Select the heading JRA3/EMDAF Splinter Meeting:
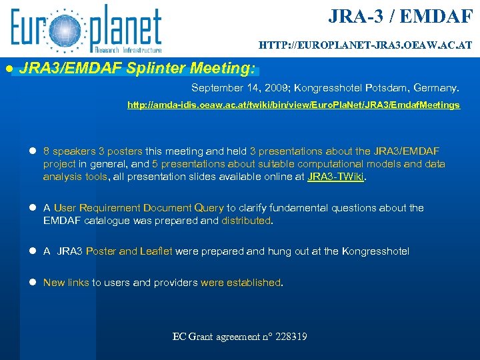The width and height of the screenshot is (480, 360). pos(137,68)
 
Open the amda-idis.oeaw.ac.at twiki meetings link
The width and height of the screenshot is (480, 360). pos(293,105)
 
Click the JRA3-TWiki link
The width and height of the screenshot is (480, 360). pos(336,177)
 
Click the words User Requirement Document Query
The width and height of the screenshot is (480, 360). pos(139,208)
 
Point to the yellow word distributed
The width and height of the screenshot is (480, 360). pos(246,220)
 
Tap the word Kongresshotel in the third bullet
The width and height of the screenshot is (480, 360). pos(375,251)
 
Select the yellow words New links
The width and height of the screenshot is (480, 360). pos(66,283)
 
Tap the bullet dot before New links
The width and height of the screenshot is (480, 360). pos(32,283)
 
